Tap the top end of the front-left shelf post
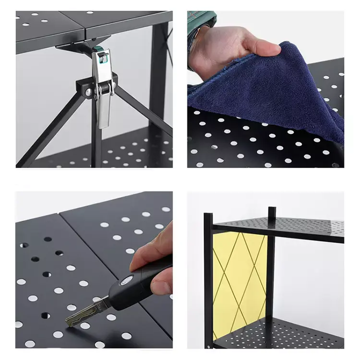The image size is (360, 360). click(x=207, y=216)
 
